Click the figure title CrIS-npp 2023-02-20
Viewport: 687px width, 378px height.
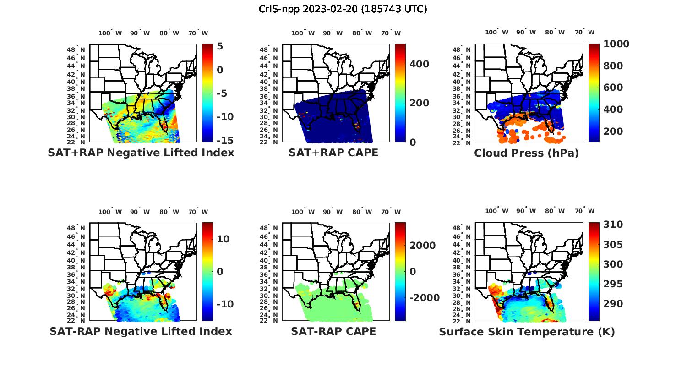(x=343, y=9)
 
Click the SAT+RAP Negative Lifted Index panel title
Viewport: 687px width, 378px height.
(x=141, y=153)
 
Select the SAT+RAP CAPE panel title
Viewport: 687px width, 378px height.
(x=333, y=153)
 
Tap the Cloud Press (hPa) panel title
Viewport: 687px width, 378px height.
(x=526, y=153)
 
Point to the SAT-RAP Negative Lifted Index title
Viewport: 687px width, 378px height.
(x=141, y=331)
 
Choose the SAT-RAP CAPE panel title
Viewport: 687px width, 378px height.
(x=333, y=331)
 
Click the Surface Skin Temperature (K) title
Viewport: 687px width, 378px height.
(x=527, y=332)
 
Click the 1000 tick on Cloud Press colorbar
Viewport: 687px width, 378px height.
(x=616, y=44)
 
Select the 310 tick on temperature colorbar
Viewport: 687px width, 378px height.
(x=613, y=225)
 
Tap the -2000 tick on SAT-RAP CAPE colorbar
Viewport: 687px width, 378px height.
(x=425, y=298)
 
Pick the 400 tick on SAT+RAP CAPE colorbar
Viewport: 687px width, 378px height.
(x=420, y=64)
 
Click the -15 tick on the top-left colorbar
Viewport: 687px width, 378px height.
(x=225, y=141)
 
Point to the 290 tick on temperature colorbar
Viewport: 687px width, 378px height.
(x=613, y=304)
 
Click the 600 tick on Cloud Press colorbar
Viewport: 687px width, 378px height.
(x=613, y=88)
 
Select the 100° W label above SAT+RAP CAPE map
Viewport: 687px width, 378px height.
(x=303, y=33)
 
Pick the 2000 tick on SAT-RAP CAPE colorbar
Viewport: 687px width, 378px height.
(x=423, y=246)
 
